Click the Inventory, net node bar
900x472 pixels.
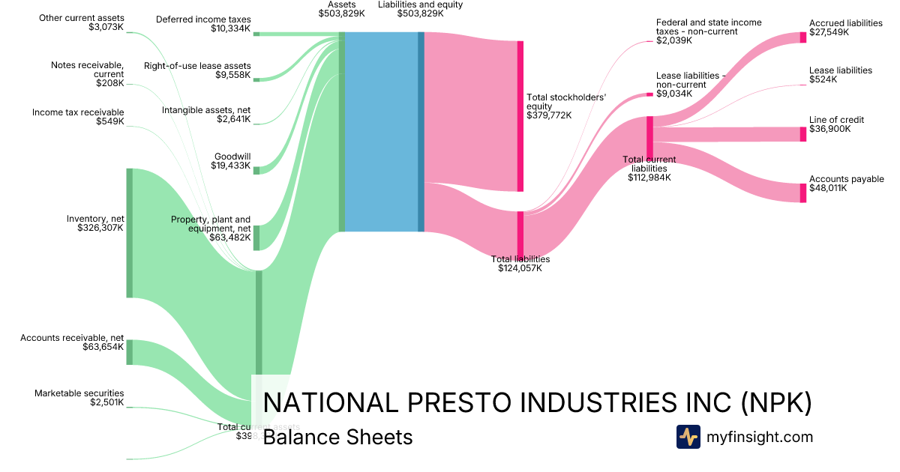pos(129,233)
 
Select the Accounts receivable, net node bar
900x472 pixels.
pos(129,352)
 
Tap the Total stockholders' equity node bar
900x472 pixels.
pos(520,116)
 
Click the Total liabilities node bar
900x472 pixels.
pos(520,235)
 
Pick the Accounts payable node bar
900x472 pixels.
pos(802,193)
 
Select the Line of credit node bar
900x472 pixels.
pos(802,134)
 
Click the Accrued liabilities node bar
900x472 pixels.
pos(802,37)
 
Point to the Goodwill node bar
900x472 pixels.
pos(256,170)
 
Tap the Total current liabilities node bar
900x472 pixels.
pos(649,137)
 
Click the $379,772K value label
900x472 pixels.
pos(549,115)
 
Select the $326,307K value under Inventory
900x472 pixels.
pos(100,227)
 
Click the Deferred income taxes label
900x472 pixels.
pos(203,19)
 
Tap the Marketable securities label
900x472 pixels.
pos(79,393)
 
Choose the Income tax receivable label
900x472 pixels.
pos(78,112)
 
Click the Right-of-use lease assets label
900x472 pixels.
pos(197,66)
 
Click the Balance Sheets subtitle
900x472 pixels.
pos(337,437)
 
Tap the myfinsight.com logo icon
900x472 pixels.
pos(688,437)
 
